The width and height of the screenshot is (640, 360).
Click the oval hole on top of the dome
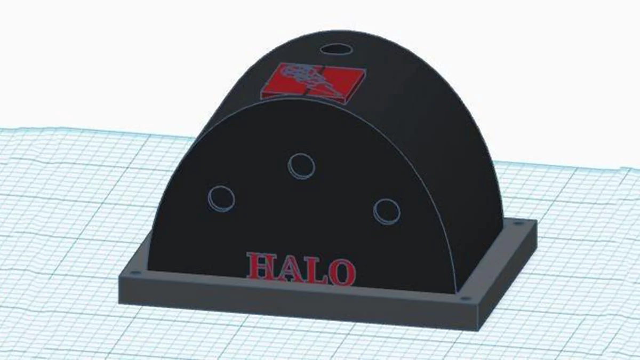click(337, 49)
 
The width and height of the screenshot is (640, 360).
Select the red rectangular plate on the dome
click(312, 82)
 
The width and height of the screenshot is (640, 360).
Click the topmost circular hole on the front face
click(301, 165)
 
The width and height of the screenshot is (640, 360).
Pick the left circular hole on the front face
click(221, 198)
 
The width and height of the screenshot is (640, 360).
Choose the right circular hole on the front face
click(387, 211)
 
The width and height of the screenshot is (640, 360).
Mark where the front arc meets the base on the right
click(456, 292)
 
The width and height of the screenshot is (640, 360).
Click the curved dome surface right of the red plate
click(416, 96)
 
